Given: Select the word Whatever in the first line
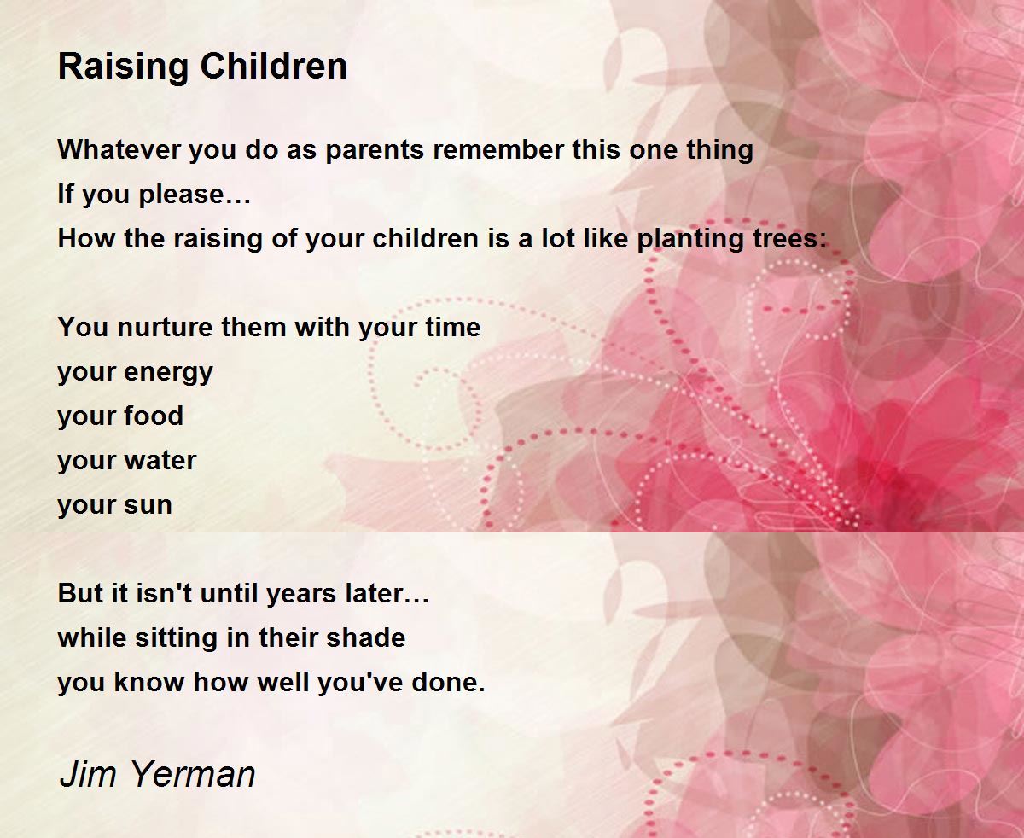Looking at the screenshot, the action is point(119,149).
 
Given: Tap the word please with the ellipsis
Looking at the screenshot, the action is point(195,195).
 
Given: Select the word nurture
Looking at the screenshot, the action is point(165,328).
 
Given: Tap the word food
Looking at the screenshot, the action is point(154,416).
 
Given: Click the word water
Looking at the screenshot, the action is point(160,461).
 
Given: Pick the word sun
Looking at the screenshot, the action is point(148,506).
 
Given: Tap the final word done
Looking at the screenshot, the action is point(448,683).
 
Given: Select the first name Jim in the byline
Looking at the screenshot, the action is point(88,774).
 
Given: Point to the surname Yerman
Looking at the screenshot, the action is point(192,774).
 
